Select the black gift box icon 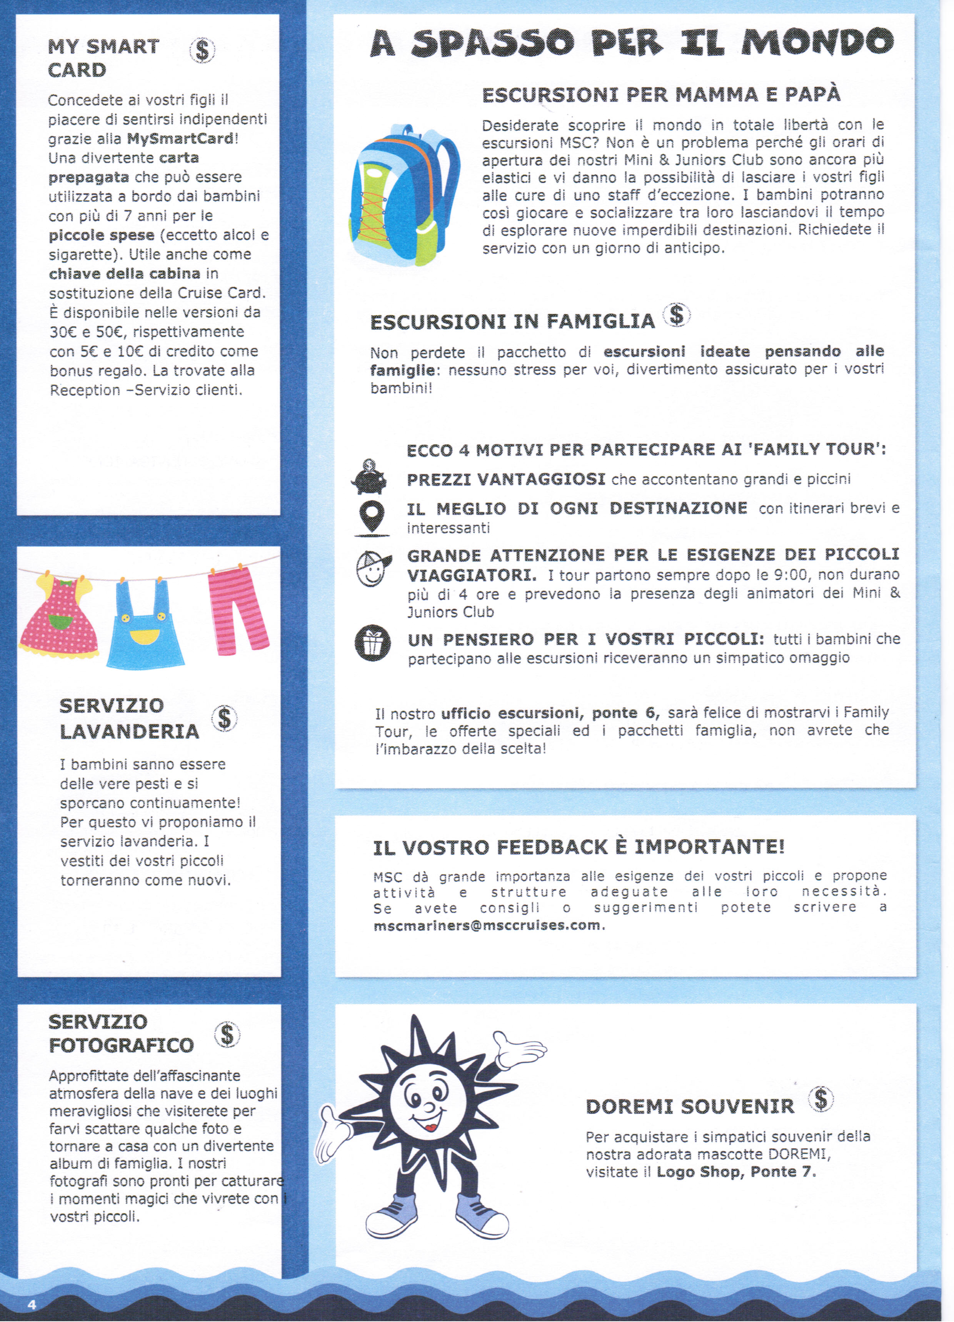[x=372, y=643]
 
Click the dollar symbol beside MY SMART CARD [x=202, y=51]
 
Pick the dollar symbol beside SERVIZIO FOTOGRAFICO [x=227, y=1035]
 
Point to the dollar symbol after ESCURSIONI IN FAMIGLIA [x=676, y=315]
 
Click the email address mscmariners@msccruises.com [x=487, y=925]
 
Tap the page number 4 [x=32, y=1304]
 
